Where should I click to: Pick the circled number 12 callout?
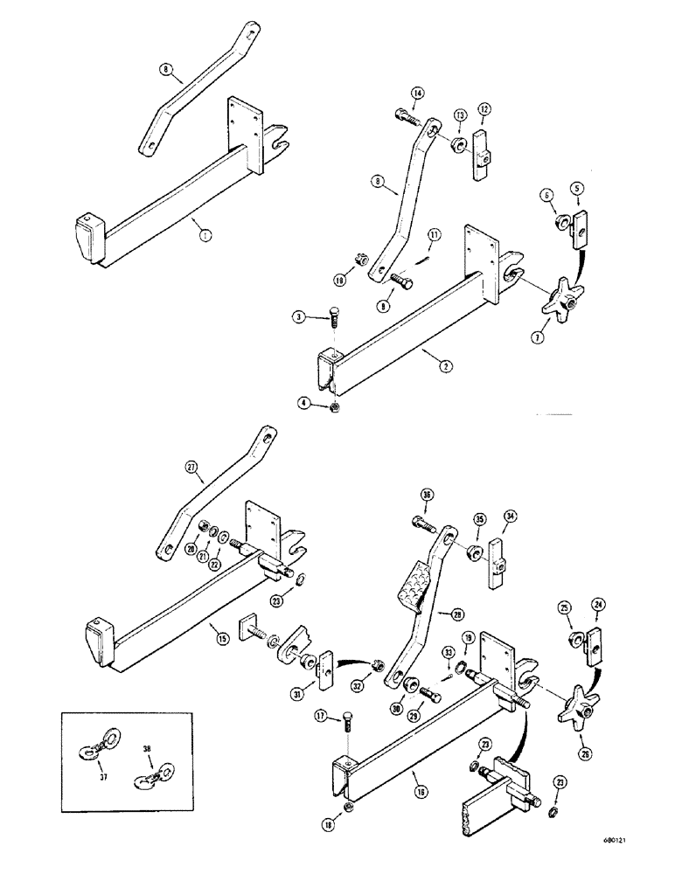[484, 108]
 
